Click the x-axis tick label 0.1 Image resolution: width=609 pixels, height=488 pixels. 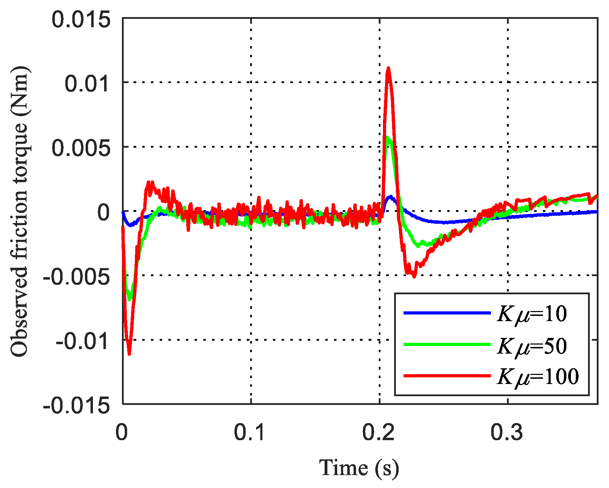251,432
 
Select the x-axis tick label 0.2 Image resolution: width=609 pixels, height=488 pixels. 379,432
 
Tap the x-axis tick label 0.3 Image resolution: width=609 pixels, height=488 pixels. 507,432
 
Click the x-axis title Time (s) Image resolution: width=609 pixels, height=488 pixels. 359,468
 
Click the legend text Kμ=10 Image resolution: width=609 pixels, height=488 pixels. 532,314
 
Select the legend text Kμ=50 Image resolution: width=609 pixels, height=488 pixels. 532,346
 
